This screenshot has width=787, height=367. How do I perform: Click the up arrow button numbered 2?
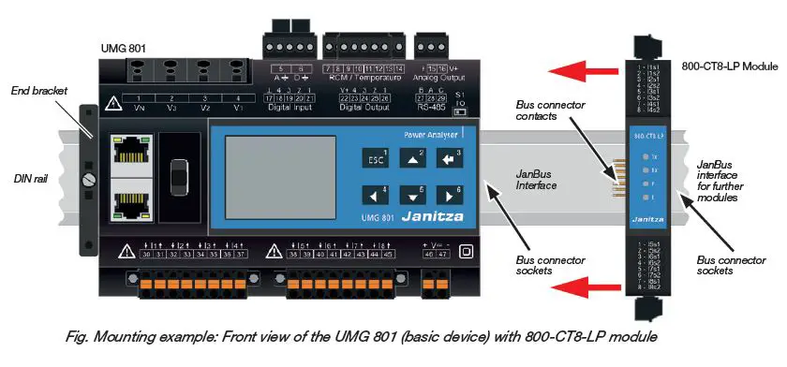point(412,158)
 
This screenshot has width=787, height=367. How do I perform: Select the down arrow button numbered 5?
point(412,196)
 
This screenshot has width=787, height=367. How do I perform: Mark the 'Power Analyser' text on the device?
point(431,135)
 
